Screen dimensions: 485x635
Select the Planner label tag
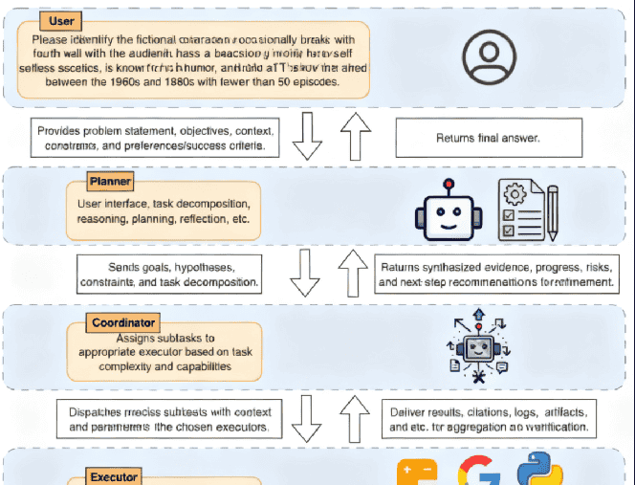coord(110,181)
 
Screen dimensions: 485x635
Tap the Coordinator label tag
coord(123,323)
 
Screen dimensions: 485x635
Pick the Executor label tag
coord(114,476)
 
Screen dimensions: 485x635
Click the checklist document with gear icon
coord(526,209)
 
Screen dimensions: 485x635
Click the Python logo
coord(540,473)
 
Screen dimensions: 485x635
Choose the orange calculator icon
coord(416,474)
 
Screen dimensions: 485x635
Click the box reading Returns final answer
coord(489,138)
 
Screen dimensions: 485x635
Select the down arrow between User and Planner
coord(307,138)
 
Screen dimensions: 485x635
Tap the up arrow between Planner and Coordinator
coord(354,272)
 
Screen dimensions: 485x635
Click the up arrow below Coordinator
coord(355,418)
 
